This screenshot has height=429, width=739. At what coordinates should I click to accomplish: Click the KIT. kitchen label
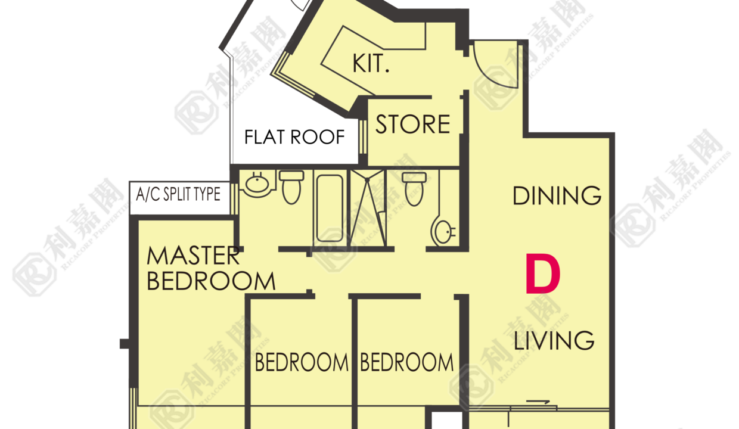(371, 63)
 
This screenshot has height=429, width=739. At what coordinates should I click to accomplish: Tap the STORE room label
(413, 125)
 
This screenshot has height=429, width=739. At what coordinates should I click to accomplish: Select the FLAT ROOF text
(294, 137)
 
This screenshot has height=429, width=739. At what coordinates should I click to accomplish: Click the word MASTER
(193, 256)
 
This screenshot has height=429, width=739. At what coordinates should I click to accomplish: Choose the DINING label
(557, 196)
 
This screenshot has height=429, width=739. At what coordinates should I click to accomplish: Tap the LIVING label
(554, 340)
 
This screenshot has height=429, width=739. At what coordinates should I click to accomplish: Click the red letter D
(543, 273)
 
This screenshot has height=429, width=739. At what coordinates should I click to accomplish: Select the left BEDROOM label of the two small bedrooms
(302, 362)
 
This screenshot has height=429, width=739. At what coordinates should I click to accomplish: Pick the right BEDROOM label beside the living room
(407, 362)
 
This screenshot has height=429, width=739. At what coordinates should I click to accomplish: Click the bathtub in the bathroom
(329, 209)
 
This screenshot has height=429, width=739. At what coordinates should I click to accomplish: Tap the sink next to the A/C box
(257, 185)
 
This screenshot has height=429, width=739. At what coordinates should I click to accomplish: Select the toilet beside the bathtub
(291, 187)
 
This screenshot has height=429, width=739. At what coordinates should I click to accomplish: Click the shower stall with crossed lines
(368, 208)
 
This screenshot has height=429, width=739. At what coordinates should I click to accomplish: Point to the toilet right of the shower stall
(414, 189)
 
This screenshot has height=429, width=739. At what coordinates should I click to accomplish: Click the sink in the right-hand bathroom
(443, 232)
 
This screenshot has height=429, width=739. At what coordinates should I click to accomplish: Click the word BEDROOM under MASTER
(211, 281)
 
